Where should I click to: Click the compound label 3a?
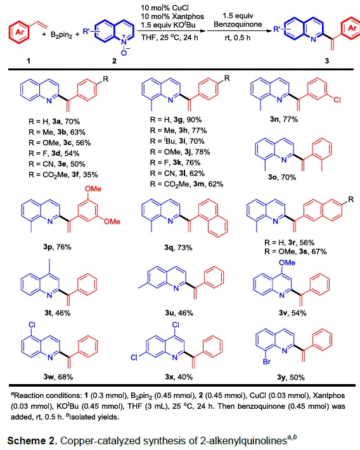click(56, 122)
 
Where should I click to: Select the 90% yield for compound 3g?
click(195, 120)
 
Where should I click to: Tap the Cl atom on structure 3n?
click(337, 100)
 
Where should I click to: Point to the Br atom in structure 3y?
click(267, 361)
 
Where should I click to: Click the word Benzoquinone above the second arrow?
click(238, 24)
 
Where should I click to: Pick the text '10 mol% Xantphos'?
click(172, 16)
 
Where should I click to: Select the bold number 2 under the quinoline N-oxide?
click(114, 61)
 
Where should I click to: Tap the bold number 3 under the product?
click(326, 61)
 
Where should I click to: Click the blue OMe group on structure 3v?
click(287, 262)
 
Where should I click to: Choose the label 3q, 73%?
click(178, 247)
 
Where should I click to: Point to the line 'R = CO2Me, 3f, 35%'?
click(63, 175)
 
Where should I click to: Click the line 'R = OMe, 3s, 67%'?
click(295, 252)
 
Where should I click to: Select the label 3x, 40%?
click(179, 377)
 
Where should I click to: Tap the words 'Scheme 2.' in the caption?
click(32, 440)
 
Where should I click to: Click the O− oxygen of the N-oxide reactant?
click(124, 52)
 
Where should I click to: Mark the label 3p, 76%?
click(57, 247)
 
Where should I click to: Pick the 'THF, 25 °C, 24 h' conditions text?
click(169, 37)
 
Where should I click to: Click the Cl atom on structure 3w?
click(32, 325)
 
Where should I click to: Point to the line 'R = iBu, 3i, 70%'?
click(177, 141)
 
